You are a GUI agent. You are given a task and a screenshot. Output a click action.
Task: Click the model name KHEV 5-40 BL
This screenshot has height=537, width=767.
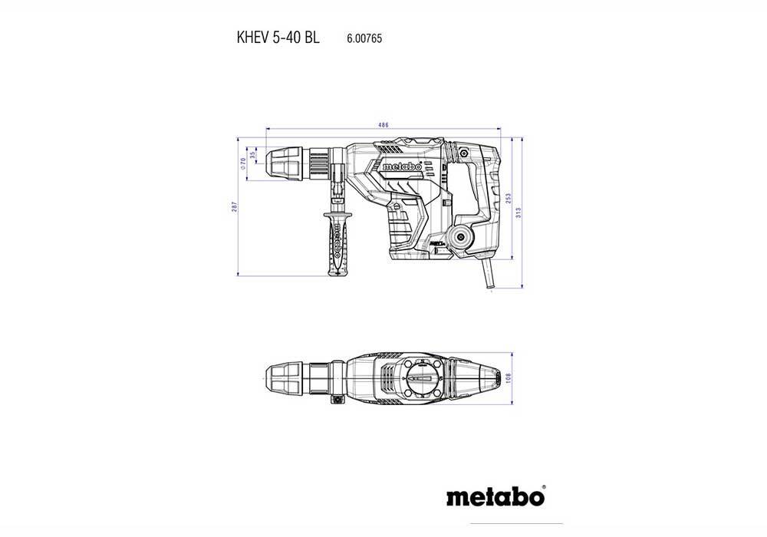273,37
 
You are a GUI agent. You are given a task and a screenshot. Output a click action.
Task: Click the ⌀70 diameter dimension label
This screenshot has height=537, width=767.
242,162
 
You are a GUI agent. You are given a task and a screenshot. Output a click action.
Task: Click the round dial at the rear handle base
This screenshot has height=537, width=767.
463,239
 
